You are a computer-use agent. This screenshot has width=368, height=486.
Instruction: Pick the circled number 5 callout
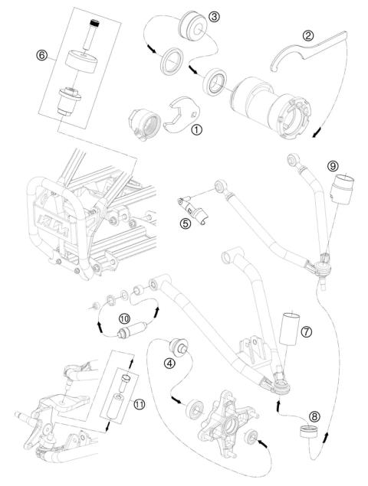click(185, 223)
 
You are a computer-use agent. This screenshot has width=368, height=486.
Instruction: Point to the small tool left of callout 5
click(186, 208)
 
